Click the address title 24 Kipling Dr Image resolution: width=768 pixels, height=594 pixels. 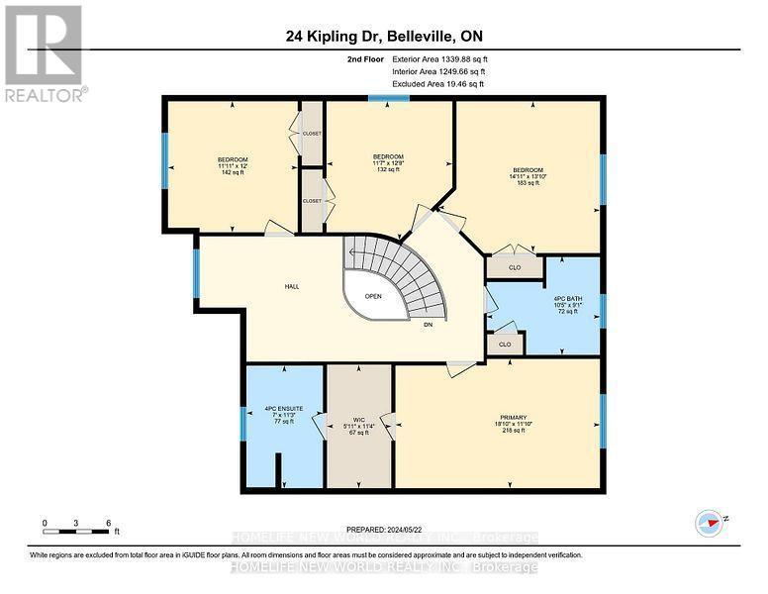383,37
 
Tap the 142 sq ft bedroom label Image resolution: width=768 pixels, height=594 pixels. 233,165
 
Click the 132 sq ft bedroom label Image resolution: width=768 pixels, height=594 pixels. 388,162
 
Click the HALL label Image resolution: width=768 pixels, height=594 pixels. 293,286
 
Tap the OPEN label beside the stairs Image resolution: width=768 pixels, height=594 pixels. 373,295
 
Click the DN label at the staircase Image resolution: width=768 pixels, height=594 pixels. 428,324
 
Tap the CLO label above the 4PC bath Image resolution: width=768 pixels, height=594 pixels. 515,266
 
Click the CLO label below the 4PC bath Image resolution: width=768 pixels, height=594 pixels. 504,345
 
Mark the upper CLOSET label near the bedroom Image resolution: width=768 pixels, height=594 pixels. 312,134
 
